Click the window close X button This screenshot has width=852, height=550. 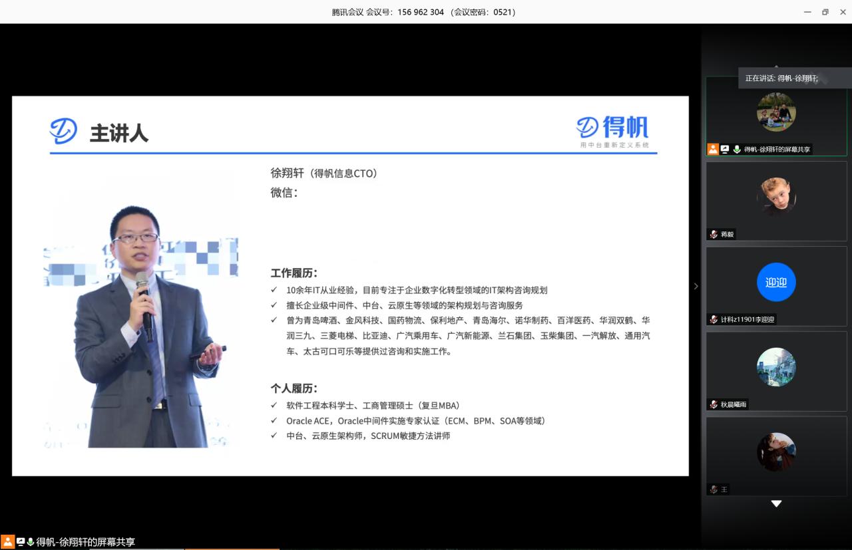coord(843,12)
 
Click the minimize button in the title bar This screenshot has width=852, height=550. coord(807,12)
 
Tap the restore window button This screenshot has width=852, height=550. coord(825,12)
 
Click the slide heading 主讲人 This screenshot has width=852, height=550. coord(119,134)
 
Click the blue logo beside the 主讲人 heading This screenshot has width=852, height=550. coord(63,131)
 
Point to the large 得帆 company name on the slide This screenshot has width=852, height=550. coord(626,127)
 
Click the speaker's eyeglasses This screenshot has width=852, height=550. coord(136,238)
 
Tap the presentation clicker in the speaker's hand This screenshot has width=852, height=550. coord(208,352)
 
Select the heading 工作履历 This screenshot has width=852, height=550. coord(294,273)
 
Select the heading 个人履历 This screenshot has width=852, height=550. coord(294,388)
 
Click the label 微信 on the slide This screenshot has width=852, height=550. coord(284,192)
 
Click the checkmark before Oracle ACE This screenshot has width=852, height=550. coord(274,420)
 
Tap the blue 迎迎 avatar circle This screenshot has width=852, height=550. coord(776,282)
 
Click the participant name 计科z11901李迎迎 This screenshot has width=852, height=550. coord(747,319)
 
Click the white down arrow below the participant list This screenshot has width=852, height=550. coord(776,503)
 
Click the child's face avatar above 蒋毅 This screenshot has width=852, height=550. coord(776,196)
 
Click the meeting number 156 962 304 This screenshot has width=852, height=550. coord(421,12)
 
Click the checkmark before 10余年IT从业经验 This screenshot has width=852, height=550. coord(274,290)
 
